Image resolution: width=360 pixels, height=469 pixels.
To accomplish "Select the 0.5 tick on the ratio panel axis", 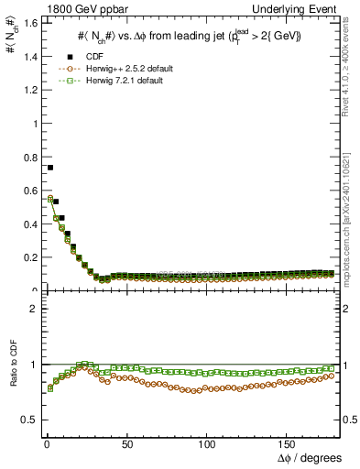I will tap(28, 420).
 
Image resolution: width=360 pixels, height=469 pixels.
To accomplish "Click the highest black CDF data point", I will tap(50, 168).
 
